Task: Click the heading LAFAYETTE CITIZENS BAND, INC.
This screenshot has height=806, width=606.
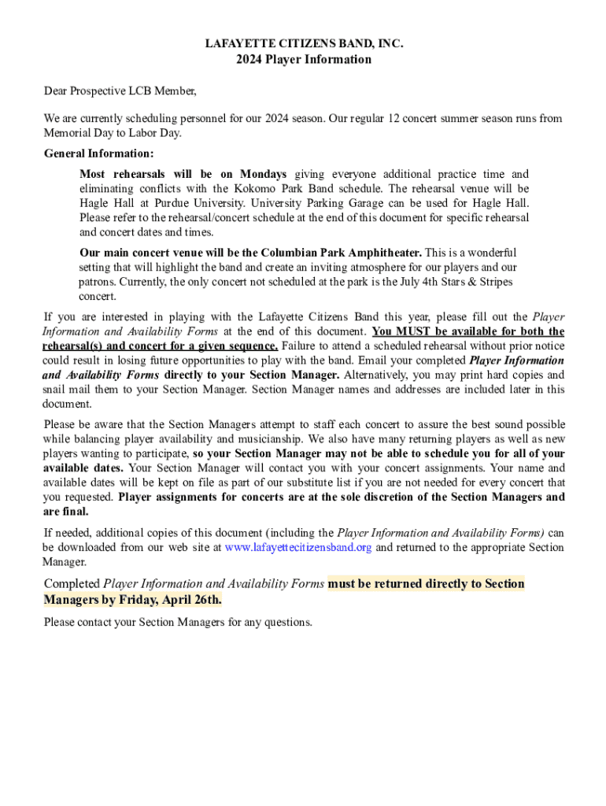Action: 304,44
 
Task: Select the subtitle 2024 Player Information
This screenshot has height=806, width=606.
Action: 304,60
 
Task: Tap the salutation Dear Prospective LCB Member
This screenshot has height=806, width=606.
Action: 120,91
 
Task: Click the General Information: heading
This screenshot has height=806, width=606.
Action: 99,153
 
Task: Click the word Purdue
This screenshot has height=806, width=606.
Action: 179,203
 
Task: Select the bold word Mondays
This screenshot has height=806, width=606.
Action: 264,174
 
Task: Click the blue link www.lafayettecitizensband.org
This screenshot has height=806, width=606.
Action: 298,548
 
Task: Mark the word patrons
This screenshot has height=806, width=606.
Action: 98,282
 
